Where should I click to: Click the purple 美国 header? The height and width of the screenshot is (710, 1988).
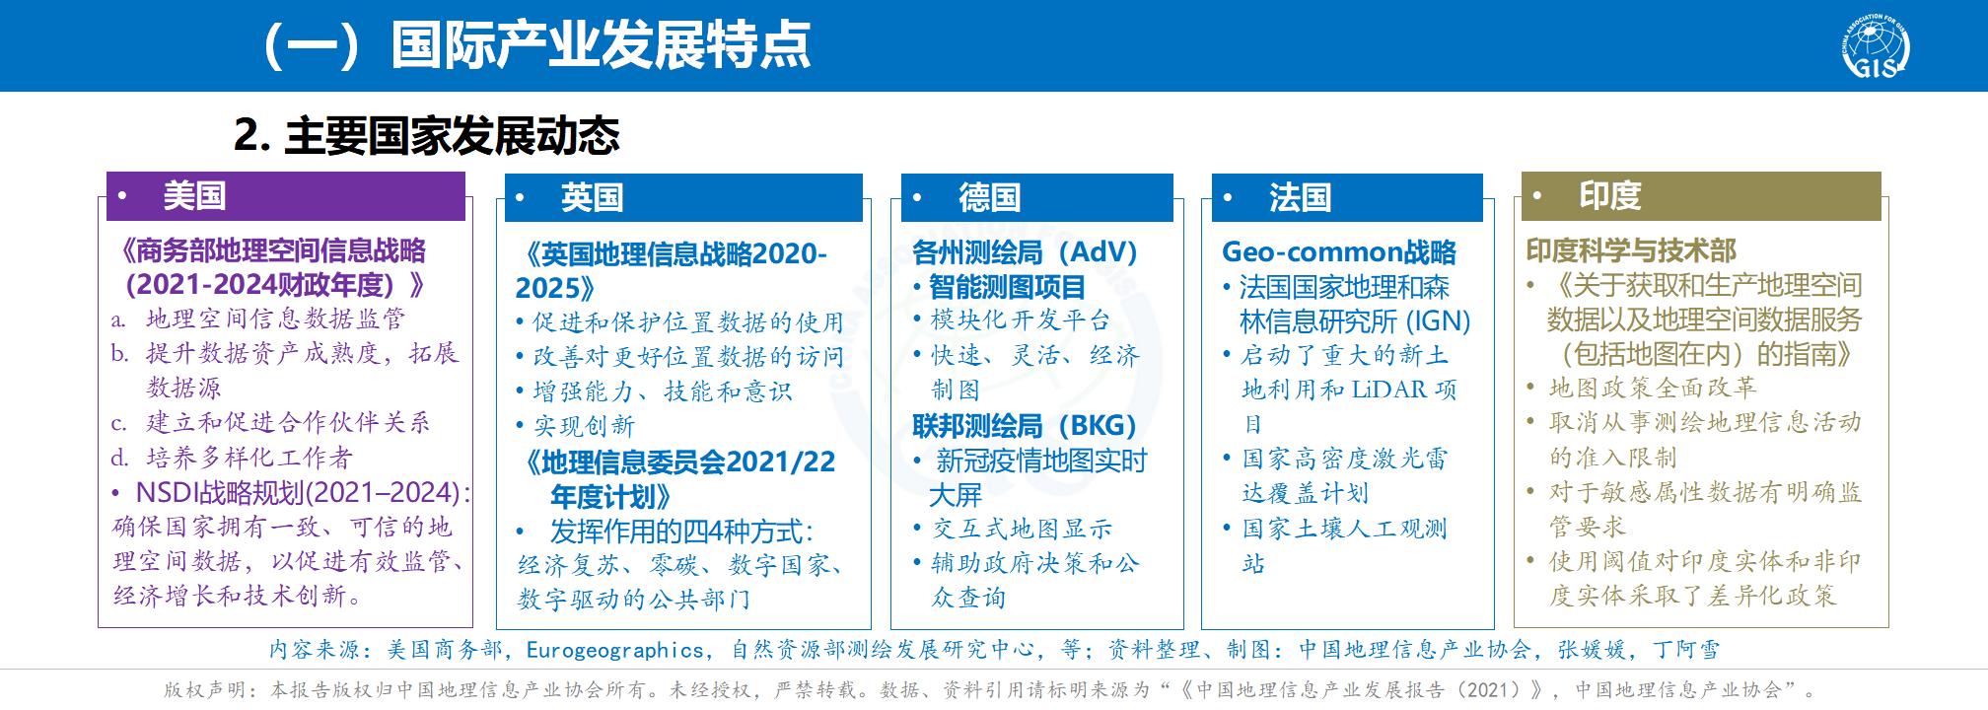286,196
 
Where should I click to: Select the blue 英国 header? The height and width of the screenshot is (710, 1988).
683,197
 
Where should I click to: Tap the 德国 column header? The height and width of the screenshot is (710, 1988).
1037,197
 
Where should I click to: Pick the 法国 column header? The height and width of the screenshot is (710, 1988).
1347,197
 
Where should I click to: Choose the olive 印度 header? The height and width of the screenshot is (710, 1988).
1701,196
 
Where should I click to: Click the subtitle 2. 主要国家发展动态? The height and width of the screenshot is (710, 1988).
427,135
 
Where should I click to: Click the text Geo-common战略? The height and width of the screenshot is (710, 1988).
1339,252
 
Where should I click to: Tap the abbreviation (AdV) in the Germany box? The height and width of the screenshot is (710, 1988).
1096,252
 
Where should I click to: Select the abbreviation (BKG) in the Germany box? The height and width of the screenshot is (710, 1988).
1095,426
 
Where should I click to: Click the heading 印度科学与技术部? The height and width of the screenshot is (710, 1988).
1632,250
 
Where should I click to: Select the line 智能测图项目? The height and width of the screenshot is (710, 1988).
1006,287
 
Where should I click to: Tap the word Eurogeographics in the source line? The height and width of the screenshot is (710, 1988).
615,650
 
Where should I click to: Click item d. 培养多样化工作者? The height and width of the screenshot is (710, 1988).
232,458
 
